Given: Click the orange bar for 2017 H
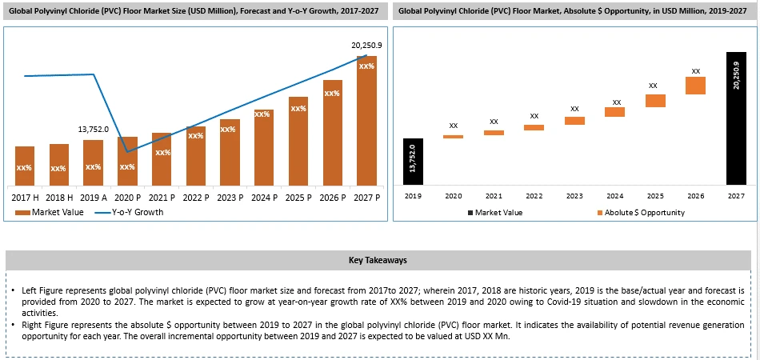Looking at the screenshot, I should (x=25, y=166).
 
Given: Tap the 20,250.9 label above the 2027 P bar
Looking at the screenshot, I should (x=367, y=46).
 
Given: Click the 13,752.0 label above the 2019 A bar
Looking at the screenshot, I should (x=93, y=129).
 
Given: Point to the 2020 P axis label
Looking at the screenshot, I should (x=127, y=197).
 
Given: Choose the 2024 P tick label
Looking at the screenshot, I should (x=264, y=197).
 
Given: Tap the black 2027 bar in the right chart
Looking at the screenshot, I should (x=736, y=118).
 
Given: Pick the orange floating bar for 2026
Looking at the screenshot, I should (x=695, y=86).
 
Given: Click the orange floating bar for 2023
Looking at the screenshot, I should (x=574, y=121).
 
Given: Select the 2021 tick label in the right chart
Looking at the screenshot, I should (x=494, y=196).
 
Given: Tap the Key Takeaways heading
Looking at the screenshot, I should (x=378, y=260).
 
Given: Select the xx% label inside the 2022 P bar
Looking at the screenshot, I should (x=196, y=136).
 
